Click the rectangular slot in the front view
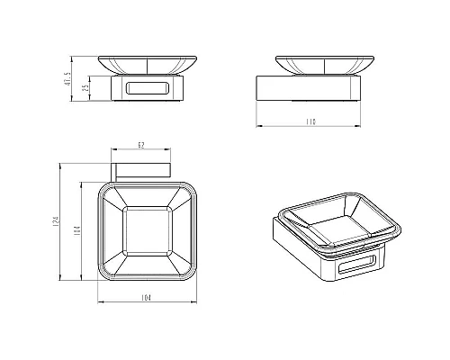(148, 89)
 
